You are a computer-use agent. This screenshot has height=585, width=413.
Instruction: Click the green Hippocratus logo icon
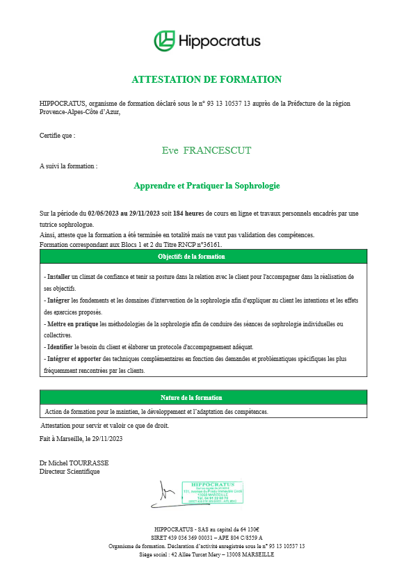click(164, 40)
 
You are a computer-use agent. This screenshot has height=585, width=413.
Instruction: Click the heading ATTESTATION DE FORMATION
click(206, 79)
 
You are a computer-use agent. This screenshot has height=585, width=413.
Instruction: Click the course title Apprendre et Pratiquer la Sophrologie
click(206, 186)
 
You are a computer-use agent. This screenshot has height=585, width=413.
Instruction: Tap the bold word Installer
click(58, 277)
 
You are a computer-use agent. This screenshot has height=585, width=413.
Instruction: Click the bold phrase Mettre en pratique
click(72, 324)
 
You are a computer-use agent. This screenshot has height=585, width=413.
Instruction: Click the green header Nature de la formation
click(192, 397)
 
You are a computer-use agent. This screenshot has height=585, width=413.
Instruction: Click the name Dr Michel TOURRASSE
click(74, 463)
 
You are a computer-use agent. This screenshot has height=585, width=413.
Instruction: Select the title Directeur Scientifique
click(70, 472)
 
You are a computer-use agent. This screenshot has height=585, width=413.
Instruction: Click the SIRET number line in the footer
click(206, 538)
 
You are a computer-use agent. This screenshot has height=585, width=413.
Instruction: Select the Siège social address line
click(206, 554)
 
